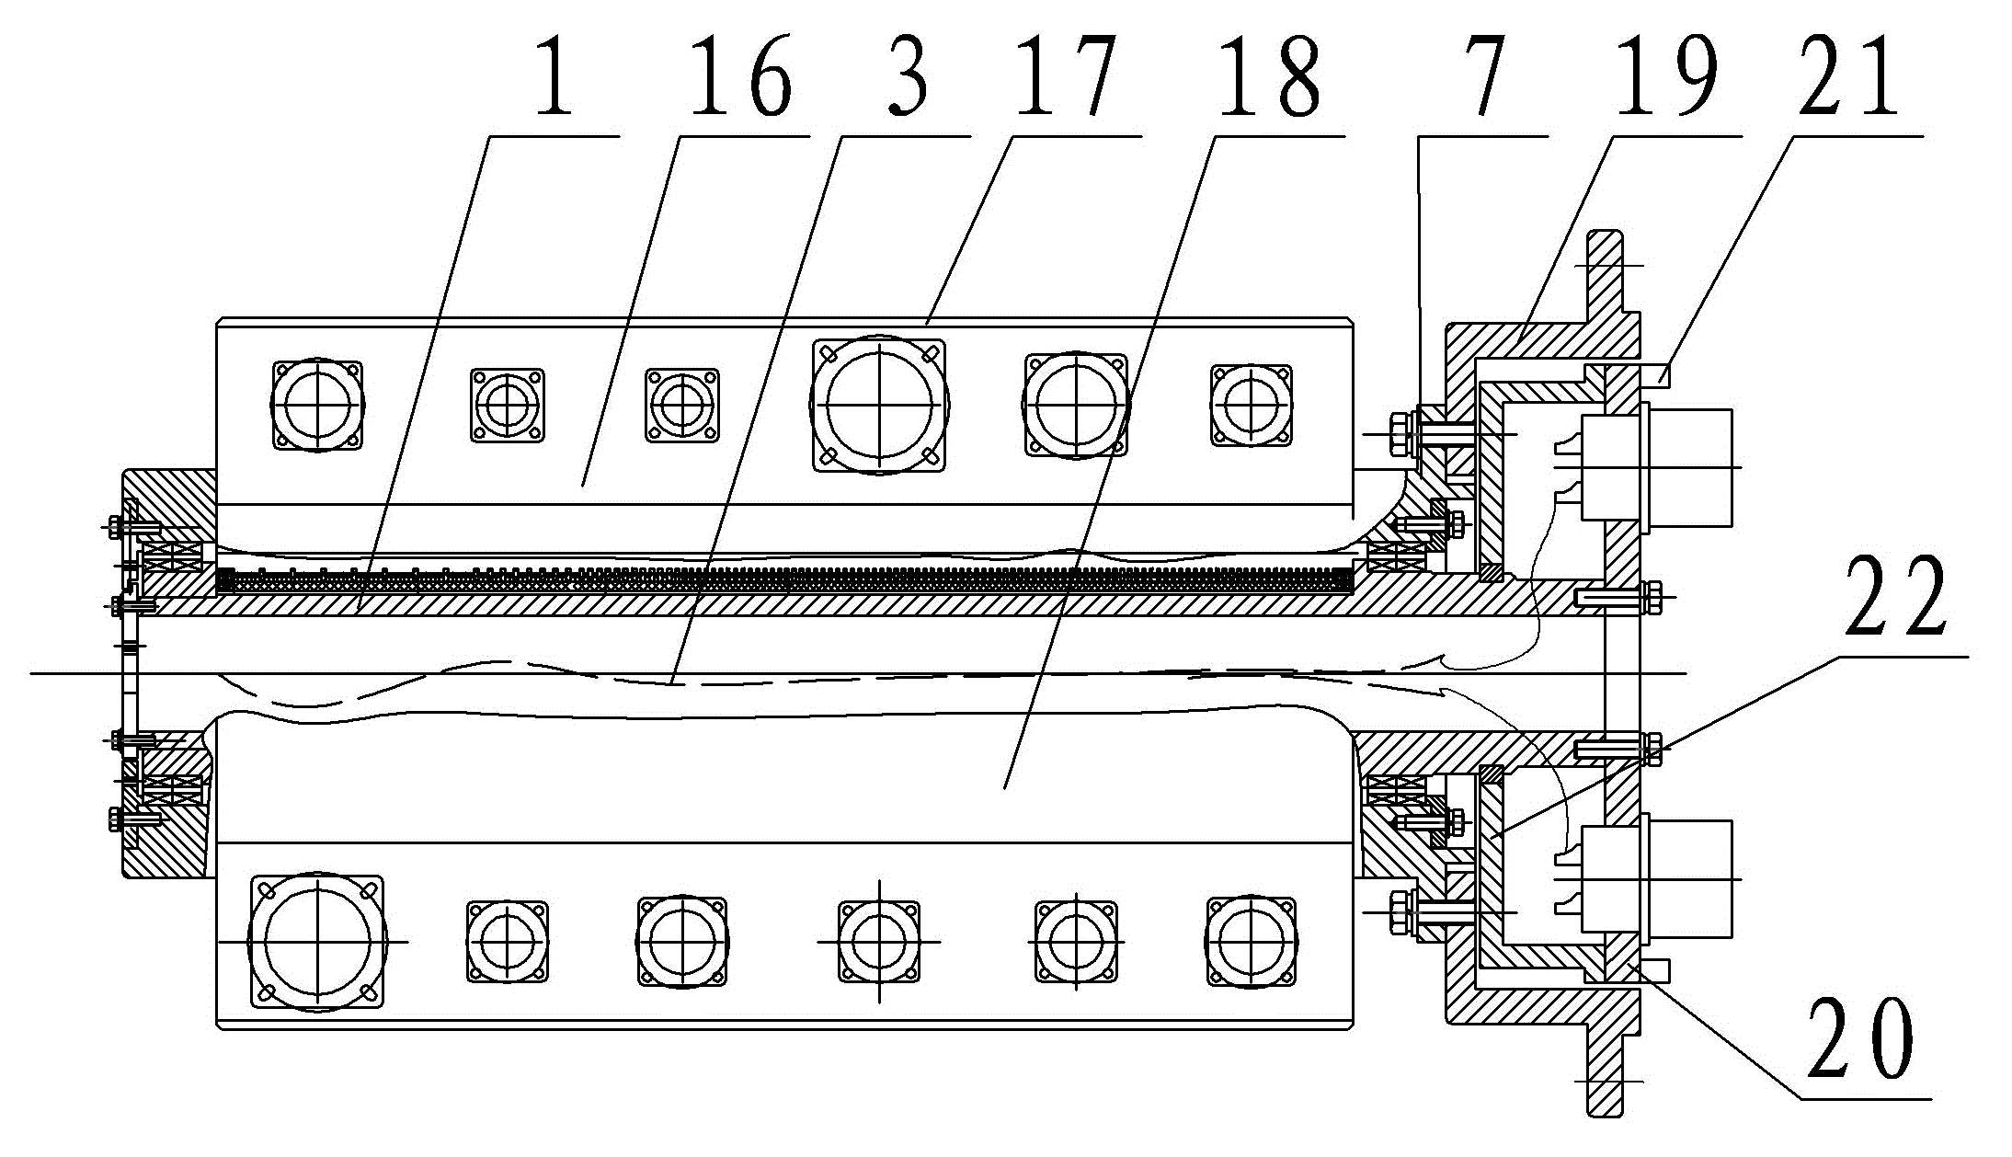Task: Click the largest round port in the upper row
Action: [879, 404]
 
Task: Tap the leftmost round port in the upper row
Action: [316, 404]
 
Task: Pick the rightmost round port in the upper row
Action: [1251, 404]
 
